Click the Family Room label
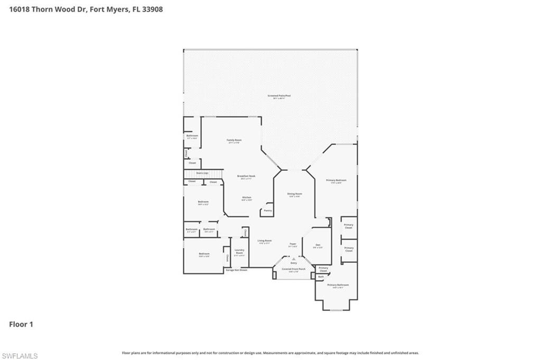[234, 140]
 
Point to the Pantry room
[268, 210]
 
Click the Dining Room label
[294, 193]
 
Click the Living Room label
[264, 241]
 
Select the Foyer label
[293, 244]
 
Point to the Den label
[318, 245]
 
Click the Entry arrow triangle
[293, 259]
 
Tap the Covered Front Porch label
[293, 269]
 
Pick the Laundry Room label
[239, 252]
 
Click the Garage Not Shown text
[236, 270]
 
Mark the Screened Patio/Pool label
[279, 96]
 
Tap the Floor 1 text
[21, 324]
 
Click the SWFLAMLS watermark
[20, 356]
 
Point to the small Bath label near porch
[321, 277]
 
